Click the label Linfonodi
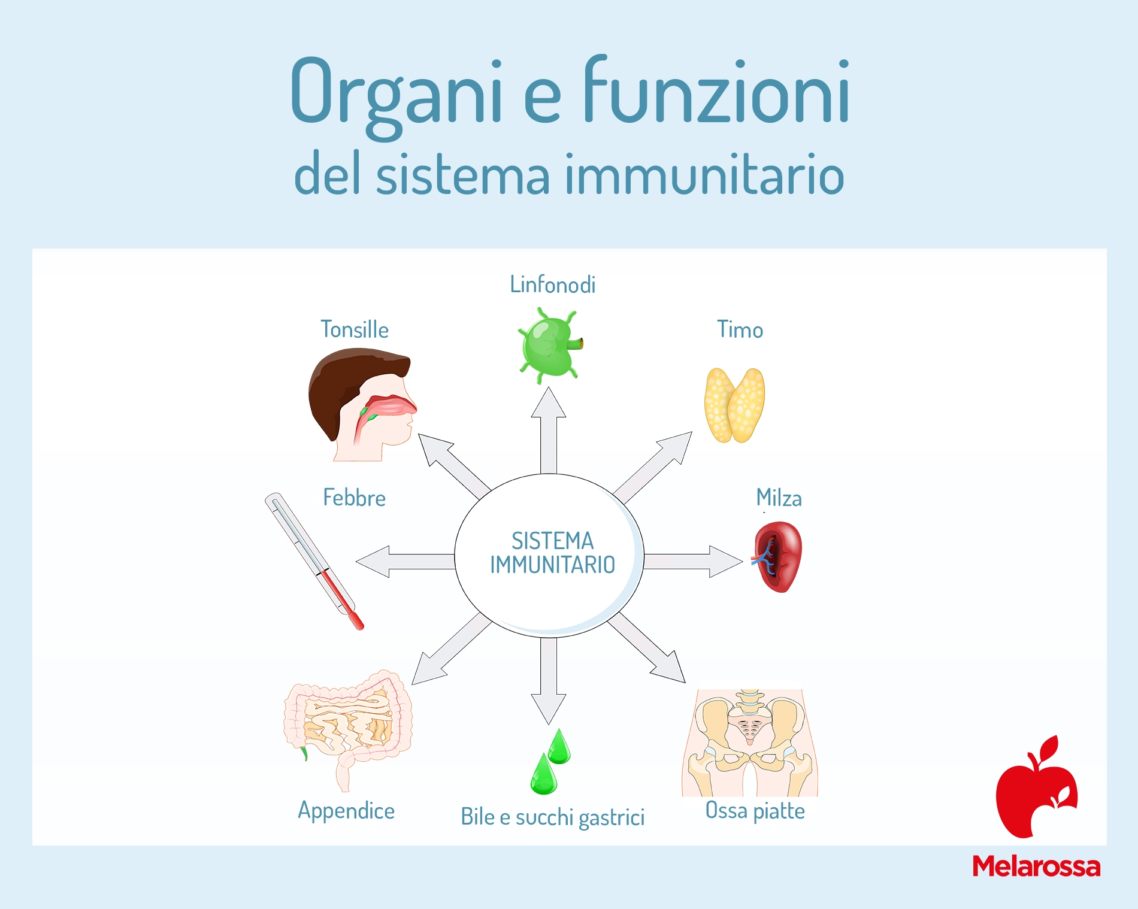click(552, 284)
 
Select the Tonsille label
click(355, 329)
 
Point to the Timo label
click(740, 329)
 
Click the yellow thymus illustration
click(734, 405)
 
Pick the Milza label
click(779, 498)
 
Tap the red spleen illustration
click(777, 557)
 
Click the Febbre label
click(354, 498)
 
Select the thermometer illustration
click(314, 561)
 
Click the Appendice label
click(346, 811)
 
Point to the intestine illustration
click(347, 728)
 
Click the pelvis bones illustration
click(750, 743)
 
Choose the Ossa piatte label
click(755, 810)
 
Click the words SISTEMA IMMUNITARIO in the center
click(552, 553)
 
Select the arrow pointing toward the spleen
click(693, 561)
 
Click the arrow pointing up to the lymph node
click(549, 431)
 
